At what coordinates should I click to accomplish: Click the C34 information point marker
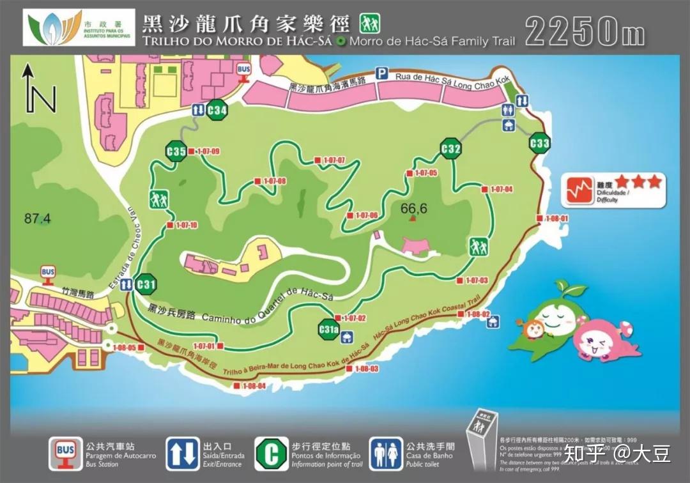(x=217, y=110)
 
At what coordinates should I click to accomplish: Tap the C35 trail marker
(x=176, y=151)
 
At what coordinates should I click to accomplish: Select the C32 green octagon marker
(x=451, y=149)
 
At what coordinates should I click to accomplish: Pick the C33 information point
(x=540, y=143)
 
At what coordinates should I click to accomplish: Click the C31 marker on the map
(x=146, y=284)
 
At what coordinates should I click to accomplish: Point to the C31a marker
(x=328, y=330)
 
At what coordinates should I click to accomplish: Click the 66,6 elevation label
(x=413, y=208)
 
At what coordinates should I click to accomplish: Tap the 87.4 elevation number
(x=37, y=218)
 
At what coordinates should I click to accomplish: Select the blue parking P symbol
(x=381, y=73)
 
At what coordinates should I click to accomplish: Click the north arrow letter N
(x=43, y=99)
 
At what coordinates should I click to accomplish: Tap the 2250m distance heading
(x=585, y=31)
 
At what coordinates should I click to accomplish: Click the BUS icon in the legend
(x=65, y=453)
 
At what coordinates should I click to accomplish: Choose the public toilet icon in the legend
(x=386, y=453)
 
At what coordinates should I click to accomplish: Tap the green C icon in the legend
(x=271, y=453)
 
